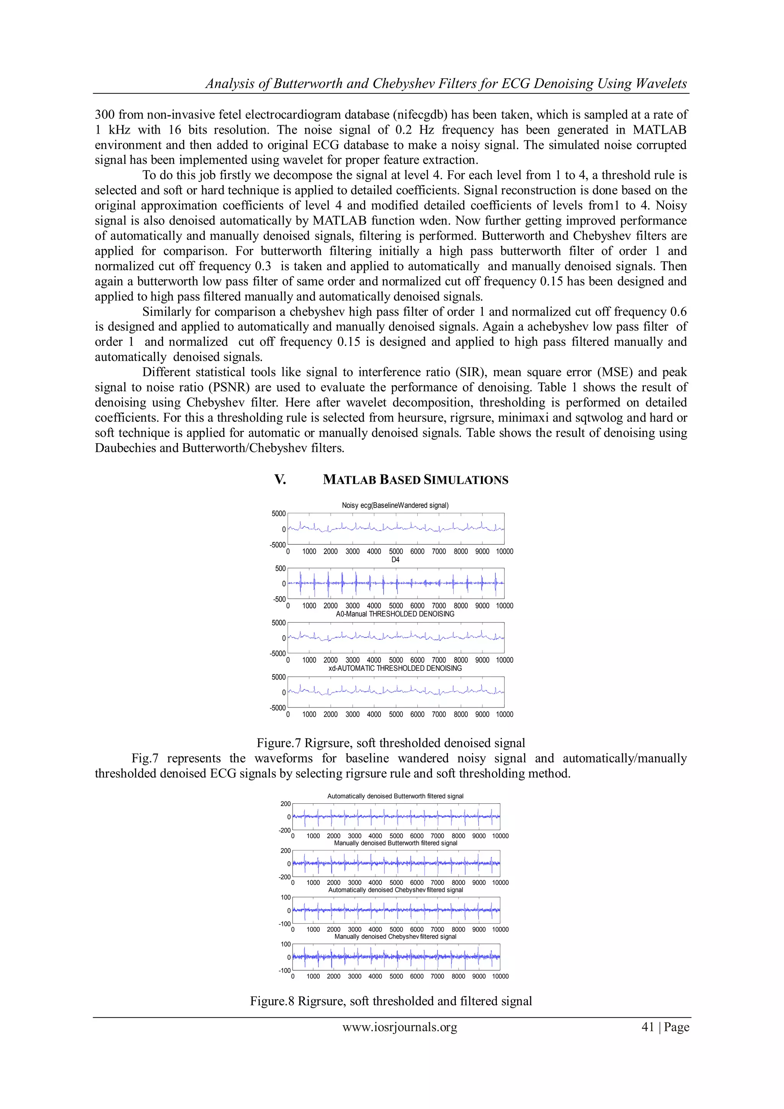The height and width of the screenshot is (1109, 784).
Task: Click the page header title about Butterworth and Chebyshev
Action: tap(446, 84)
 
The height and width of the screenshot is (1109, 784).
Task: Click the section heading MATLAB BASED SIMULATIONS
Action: tap(415, 480)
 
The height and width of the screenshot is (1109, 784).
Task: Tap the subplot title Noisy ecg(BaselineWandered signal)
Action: tap(395, 505)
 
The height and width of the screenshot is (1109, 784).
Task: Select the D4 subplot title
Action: tap(395, 559)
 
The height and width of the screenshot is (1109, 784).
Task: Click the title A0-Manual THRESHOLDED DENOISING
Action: tap(395, 614)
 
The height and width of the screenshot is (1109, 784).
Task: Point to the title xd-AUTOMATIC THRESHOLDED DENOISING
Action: tap(395, 668)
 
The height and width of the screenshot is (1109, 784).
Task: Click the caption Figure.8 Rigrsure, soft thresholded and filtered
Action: tap(390, 1001)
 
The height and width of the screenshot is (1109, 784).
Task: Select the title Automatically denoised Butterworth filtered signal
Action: tap(395, 796)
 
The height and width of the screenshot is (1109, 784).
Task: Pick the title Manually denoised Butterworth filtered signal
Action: tap(395, 843)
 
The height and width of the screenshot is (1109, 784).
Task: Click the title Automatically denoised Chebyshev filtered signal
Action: tap(395, 890)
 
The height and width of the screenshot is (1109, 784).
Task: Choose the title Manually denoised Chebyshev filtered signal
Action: tap(395, 937)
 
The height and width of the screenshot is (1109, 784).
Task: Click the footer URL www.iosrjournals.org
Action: tap(399, 1027)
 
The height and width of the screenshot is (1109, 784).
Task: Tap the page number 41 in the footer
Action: tap(647, 1027)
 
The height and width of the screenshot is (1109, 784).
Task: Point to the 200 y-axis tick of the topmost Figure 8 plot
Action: tap(285, 804)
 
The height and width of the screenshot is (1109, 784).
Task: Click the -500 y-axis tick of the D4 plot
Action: tap(279, 599)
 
